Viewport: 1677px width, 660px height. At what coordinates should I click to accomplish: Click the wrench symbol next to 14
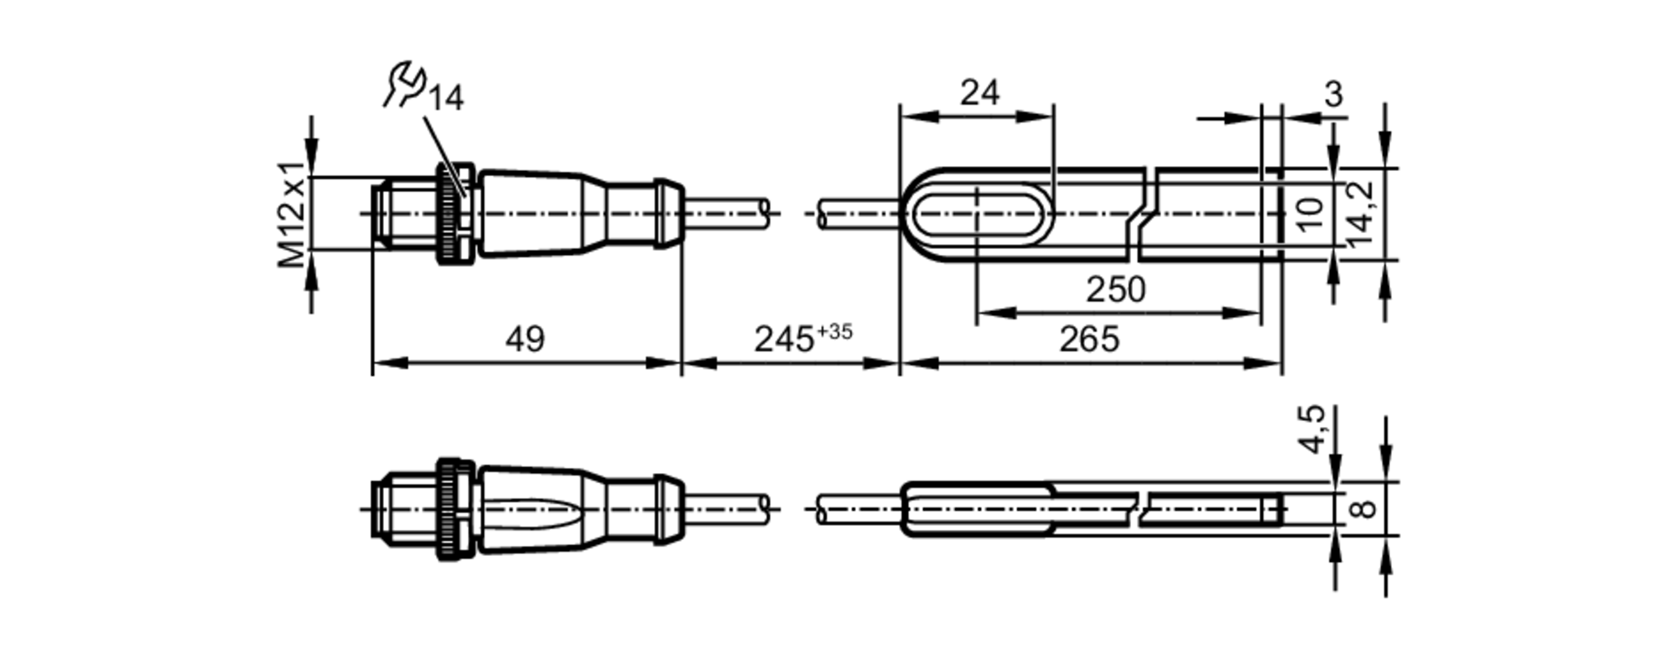pyautogui.click(x=404, y=84)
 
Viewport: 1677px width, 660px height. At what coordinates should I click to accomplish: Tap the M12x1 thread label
pyautogui.click(x=293, y=213)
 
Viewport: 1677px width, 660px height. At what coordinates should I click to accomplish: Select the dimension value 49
pyautogui.click(x=525, y=340)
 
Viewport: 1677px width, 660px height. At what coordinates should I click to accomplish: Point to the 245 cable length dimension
pyautogui.click(x=784, y=340)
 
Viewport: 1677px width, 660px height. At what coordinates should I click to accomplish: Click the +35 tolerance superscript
pyautogui.click(x=834, y=331)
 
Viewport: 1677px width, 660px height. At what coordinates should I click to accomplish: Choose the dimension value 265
pyautogui.click(x=1089, y=340)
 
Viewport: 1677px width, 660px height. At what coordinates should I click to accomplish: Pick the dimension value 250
pyautogui.click(x=1116, y=290)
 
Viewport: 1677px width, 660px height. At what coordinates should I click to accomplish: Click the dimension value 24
pyautogui.click(x=979, y=92)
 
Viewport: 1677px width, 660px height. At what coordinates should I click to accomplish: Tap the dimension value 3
pyautogui.click(x=1333, y=94)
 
